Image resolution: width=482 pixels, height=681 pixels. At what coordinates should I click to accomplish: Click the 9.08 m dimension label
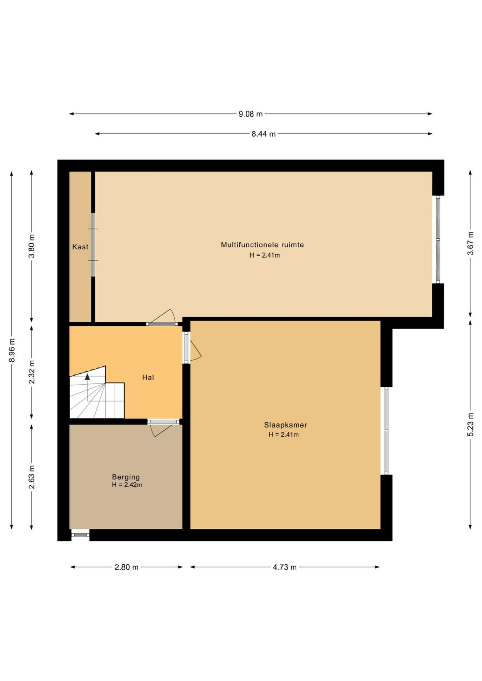click(x=250, y=114)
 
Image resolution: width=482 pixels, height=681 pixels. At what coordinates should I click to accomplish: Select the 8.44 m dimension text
click(x=263, y=134)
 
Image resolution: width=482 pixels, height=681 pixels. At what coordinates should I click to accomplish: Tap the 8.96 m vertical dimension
click(x=12, y=350)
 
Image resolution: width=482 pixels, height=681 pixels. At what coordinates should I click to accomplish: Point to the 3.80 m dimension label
click(x=32, y=246)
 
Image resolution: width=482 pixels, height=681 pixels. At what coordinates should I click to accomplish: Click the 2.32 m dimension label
click(x=32, y=372)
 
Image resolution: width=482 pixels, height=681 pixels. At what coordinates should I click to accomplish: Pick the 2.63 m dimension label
click(x=32, y=477)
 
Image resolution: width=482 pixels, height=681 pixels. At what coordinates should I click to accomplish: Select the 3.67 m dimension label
click(x=471, y=243)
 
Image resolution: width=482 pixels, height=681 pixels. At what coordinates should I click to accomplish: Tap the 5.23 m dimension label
click(x=471, y=424)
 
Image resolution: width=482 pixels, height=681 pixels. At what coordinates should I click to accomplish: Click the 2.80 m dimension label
click(x=126, y=567)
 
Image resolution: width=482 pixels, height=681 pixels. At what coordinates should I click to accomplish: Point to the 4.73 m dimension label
click(x=285, y=567)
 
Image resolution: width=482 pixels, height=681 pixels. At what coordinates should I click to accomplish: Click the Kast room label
click(x=80, y=247)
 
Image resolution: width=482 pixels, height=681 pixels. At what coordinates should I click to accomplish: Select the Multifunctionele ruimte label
click(x=262, y=245)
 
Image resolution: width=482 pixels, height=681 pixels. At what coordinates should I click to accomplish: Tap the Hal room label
click(x=148, y=377)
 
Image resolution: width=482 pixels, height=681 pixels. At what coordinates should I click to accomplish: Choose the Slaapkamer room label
click(x=286, y=425)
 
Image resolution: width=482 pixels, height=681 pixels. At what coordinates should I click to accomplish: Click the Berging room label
click(x=126, y=477)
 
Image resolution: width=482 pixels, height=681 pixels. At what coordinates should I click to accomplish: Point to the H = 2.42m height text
click(x=127, y=485)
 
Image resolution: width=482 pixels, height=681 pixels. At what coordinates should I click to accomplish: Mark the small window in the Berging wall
click(x=80, y=535)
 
